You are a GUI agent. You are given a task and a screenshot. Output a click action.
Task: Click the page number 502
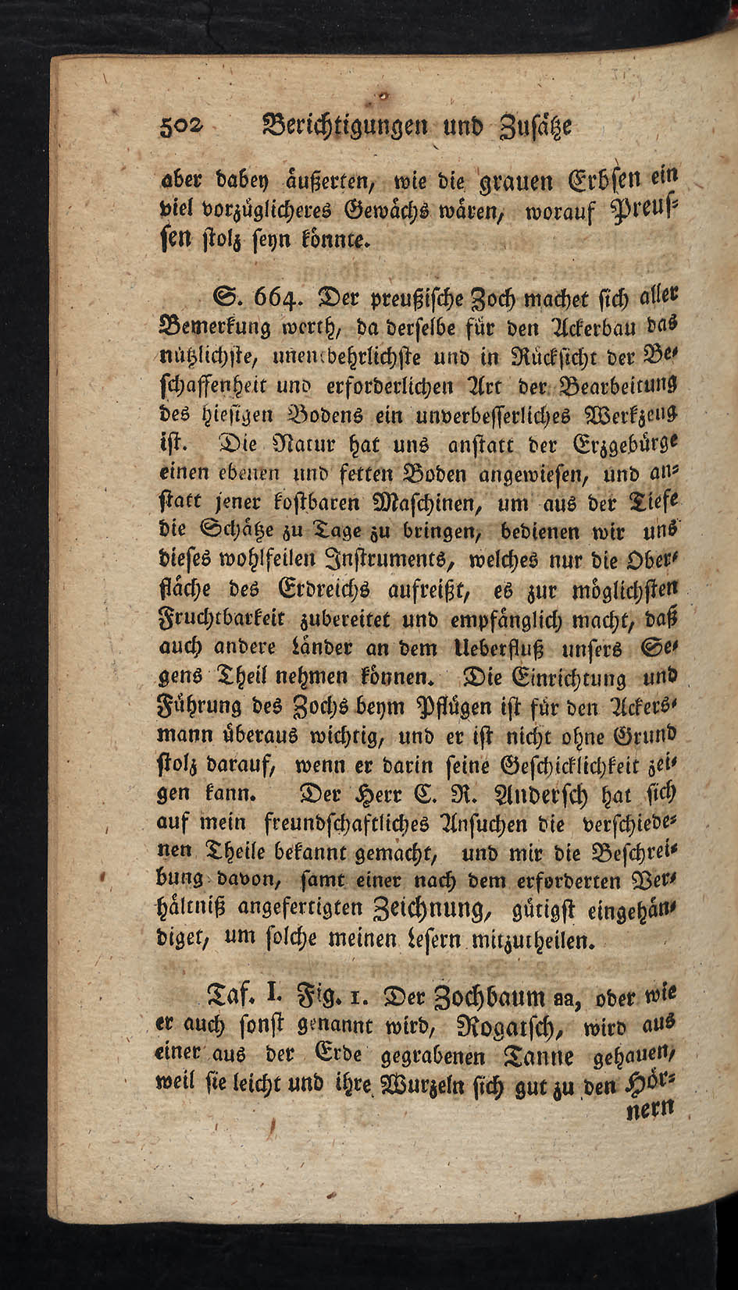coord(180,126)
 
